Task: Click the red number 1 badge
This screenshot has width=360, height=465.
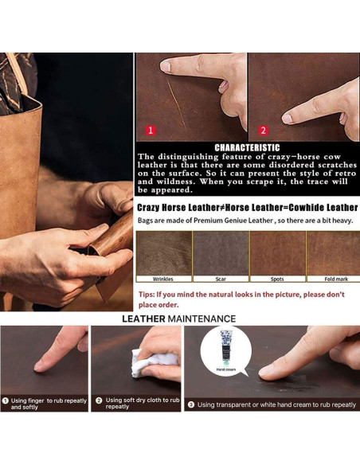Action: tap(151, 131)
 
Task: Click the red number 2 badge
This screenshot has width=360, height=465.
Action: tap(264, 131)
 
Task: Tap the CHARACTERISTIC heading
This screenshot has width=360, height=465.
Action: tap(247, 147)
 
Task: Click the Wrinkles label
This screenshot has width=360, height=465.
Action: tap(162, 279)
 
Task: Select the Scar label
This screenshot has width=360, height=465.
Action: tap(221, 279)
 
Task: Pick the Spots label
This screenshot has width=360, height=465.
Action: tap(277, 279)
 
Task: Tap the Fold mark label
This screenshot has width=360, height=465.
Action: tap(336, 279)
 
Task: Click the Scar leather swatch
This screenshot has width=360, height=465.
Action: tap(221, 253)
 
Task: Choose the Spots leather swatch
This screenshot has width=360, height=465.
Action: tap(278, 253)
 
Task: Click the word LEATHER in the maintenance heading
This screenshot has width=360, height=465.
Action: tap(143, 318)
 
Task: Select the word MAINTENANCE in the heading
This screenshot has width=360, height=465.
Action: tap(202, 318)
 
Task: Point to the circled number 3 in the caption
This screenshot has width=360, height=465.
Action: tap(191, 404)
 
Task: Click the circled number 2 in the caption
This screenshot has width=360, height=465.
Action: tap(99, 401)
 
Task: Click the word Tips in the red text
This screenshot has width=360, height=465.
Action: tap(146, 295)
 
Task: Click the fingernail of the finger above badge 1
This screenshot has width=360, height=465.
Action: tap(166, 66)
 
